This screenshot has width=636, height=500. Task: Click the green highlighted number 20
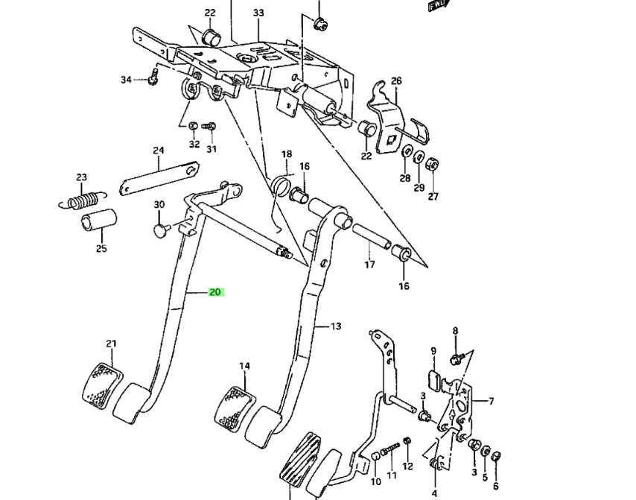215,292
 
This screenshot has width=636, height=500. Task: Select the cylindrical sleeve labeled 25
100,224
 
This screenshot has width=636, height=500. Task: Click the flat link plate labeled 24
158,178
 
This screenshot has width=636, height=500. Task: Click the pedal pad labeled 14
234,405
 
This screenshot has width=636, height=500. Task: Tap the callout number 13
336,326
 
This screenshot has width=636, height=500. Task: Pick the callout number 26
396,81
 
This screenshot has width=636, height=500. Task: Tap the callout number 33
258,13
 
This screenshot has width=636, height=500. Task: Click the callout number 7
492,402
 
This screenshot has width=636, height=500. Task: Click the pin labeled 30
161,230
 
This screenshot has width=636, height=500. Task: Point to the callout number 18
287,154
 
